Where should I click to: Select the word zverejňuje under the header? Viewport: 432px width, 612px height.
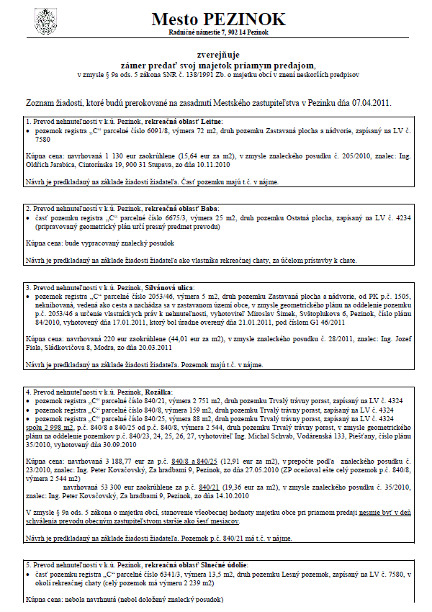[x=216, y=54]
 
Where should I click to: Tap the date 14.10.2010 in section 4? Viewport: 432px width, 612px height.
[x=231, y=476]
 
